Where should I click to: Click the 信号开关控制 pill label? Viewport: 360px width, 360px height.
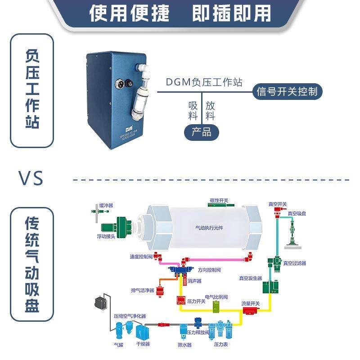(x=287, y=92)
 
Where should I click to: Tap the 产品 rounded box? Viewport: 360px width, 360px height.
(x=201, y=132)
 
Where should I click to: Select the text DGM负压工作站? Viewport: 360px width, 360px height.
(x=204, y=82)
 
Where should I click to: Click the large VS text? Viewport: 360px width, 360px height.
(x=31, y=178)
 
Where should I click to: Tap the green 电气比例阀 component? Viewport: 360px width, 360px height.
(x=216, y=307)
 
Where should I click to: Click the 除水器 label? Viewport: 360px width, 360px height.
(x=184, y=345)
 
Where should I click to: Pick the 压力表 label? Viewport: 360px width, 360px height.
(x=222, y=344)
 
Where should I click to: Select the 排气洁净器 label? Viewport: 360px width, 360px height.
(x=143, y=290)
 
